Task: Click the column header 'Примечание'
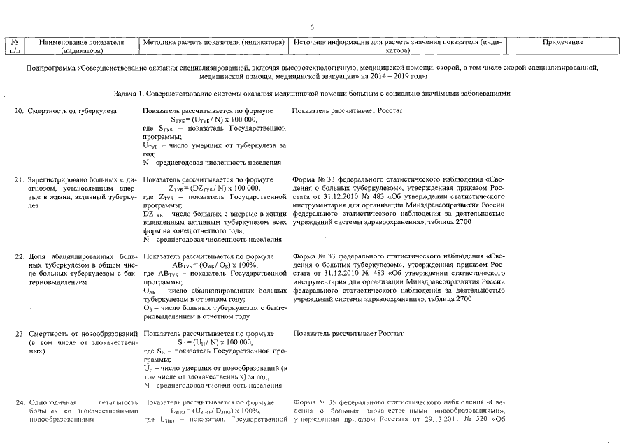coord(562,43)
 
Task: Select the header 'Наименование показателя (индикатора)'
coord(83,47)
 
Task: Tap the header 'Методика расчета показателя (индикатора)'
coord(214,43)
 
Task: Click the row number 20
coord(20,112)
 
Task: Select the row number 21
coord(20,180)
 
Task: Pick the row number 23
coord(20,334)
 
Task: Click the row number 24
coord(20,402)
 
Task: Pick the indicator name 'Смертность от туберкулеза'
coord(72,112)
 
